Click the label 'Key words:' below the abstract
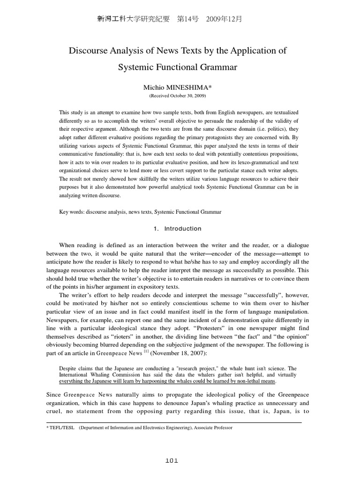[71, 212]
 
